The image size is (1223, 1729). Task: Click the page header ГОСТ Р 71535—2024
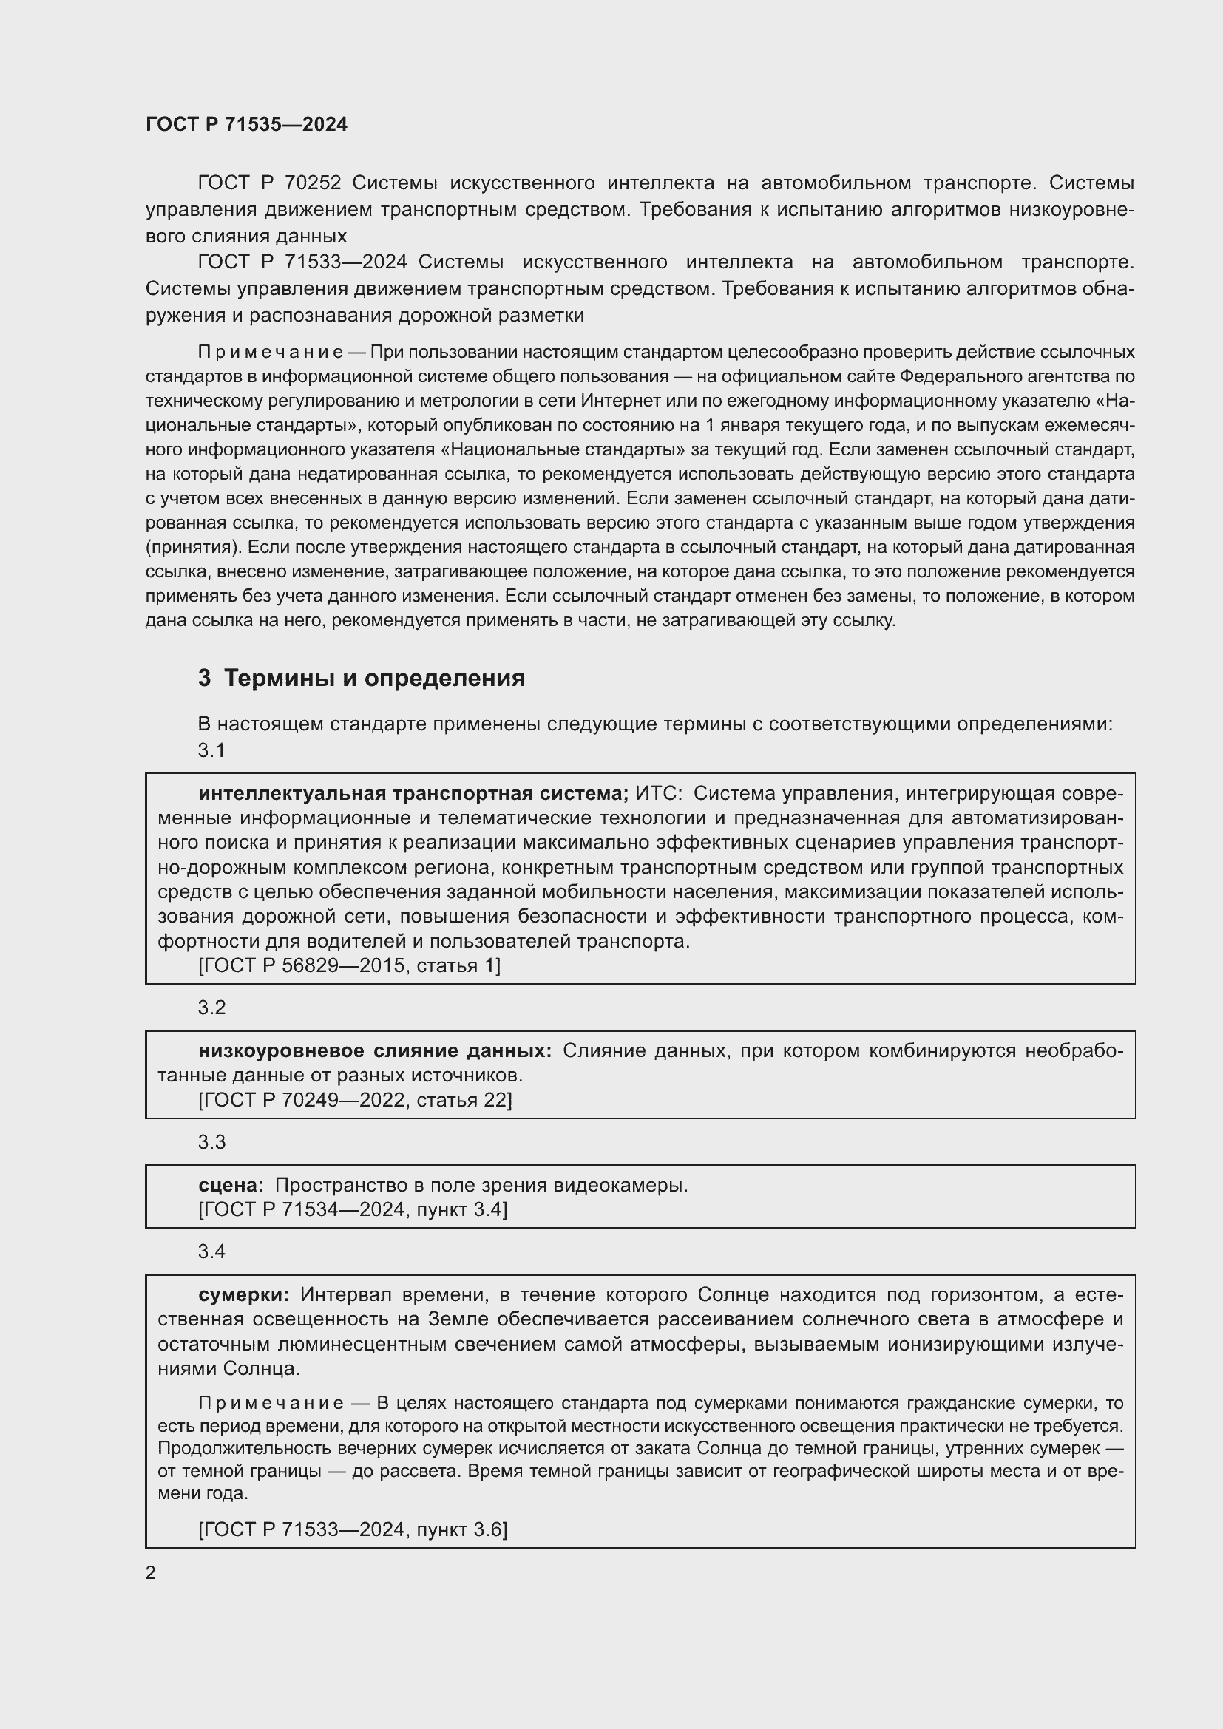point(246,124)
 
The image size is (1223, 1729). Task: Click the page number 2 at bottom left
point(151,1572)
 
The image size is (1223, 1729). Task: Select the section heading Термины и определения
point(374,678)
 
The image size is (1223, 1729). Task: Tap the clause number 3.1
point(211,750)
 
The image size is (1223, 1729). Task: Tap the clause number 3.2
point(211,1008)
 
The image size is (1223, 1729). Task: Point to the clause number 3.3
point(211,1141)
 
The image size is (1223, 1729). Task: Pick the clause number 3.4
point(211,1251)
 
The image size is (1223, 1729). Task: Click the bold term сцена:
point(231,1185)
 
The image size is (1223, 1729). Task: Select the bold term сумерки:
point(243,1294)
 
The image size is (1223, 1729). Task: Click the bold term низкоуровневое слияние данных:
point(374,1050)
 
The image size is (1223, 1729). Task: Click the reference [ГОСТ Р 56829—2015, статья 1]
point(349,965)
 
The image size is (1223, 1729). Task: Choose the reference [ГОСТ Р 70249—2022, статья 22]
point(355,1100)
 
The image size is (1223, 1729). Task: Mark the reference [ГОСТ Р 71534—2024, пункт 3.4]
point(353,1209)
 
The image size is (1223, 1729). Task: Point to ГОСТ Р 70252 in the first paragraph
point(270,183)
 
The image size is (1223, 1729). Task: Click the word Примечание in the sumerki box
point(271,1403)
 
